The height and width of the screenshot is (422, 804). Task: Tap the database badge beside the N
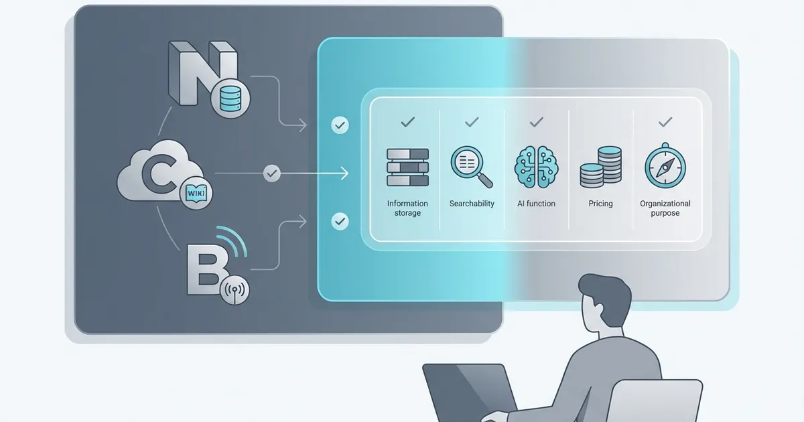pos(230,98)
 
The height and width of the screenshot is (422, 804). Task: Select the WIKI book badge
pos(196,193)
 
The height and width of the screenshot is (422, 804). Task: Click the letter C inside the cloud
pos(158,174)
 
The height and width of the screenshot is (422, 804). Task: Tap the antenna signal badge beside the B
pos(234,290)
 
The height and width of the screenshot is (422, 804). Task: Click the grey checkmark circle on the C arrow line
pos(272,173)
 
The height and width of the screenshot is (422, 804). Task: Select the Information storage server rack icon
pos(407,167)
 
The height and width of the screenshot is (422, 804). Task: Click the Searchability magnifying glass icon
pos(471,167)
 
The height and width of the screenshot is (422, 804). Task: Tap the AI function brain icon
pos(536,167)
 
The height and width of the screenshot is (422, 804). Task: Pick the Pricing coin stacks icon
pos(601,167)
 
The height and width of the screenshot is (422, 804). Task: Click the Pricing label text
pos(600,204)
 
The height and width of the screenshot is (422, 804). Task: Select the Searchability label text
pos(472,204)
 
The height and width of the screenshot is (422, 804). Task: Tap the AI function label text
pos(536,204)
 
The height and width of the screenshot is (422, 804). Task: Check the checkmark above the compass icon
pos(665,123)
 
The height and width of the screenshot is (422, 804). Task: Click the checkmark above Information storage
pos(407,123)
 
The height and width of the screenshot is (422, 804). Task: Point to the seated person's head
pos(604,304)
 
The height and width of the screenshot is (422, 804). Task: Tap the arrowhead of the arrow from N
pos(303,125)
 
